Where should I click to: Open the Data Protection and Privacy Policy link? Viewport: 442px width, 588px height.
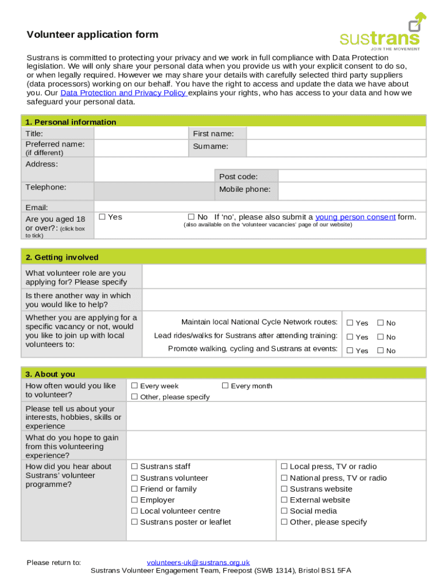click(x=123, y=93)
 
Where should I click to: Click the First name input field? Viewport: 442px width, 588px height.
click(x=336, y=133)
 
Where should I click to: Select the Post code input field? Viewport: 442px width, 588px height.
click(x=352, y=176)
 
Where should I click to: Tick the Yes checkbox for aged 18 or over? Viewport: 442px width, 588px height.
click(x=102, y=216)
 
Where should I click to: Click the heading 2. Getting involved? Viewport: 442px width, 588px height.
click(x=62, y=257)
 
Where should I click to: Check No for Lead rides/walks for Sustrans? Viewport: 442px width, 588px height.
click(x=380, y=337)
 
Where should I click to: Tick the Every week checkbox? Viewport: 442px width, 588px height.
click(x=134, y=386)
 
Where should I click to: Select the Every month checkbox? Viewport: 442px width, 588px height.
click(x=225, y=386)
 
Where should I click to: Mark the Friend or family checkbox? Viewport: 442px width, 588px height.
click(x=134, y=489)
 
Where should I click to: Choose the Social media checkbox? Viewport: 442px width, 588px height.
click(x=284, y=511)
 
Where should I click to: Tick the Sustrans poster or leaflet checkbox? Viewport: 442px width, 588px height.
click(x=134, y=522)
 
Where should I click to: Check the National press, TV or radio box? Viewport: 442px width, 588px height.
click(x=284, y=478)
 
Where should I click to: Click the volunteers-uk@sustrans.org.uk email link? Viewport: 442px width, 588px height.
click(x=198, y=562)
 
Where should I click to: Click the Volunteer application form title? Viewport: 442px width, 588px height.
click(x=92, y=34)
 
